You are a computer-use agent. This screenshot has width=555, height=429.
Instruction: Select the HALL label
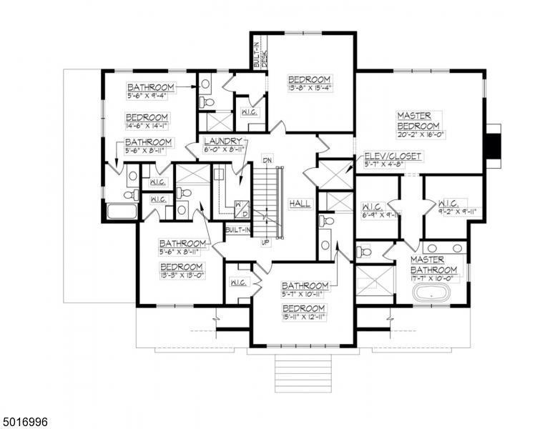tap(300, 204)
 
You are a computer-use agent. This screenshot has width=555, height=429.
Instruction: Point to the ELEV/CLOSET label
tap(393, 156)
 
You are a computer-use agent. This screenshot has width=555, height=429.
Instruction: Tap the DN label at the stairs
tap(266, 159)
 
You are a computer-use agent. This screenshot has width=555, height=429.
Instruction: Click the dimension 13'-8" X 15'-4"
tap(309, 89)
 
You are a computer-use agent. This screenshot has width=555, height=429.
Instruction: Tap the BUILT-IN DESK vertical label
tap(260, 53)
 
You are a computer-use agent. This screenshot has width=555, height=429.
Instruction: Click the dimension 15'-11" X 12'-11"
tap(303, 316)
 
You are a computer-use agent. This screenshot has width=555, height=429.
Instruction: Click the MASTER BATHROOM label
tap(433, 265)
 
